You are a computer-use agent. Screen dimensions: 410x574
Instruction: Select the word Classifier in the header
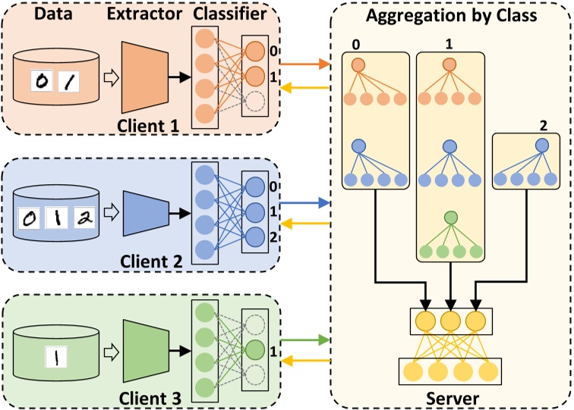(229, 13)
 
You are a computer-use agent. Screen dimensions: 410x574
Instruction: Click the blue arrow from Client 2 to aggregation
(304, 203)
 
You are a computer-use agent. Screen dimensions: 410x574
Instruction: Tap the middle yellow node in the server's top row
(451, 320)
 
